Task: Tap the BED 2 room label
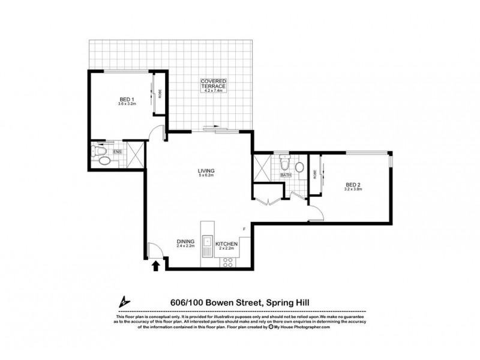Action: pyautogui.click(x=353, y=185)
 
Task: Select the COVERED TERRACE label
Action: pyautogui.click(x=213, y=84)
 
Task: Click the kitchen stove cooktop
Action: pyautogui.click(x=229, y=262)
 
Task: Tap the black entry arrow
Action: pyautogui.click(x=157, y=266)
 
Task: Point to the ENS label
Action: pyautogui.click(x=118, y=152)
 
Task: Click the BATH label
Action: pyautogui.click(x=293, y=175)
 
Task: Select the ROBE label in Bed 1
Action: pyautogui.click(x=160, y=94)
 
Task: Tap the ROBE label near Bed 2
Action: pyautogui.click(x=314, y=173)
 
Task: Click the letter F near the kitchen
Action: pyautogui.click(x=244, y=229)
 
